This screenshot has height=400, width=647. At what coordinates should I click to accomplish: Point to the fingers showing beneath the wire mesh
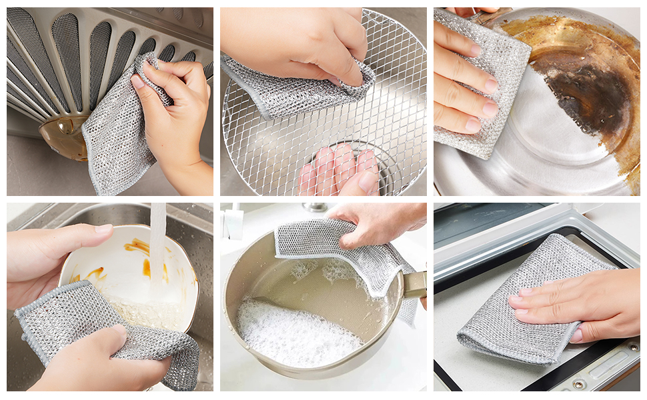340,170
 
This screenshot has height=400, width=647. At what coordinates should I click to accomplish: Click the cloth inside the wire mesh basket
293,90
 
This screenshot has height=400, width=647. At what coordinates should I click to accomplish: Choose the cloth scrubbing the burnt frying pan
477,80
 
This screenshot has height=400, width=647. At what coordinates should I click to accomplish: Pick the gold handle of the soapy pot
415,285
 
